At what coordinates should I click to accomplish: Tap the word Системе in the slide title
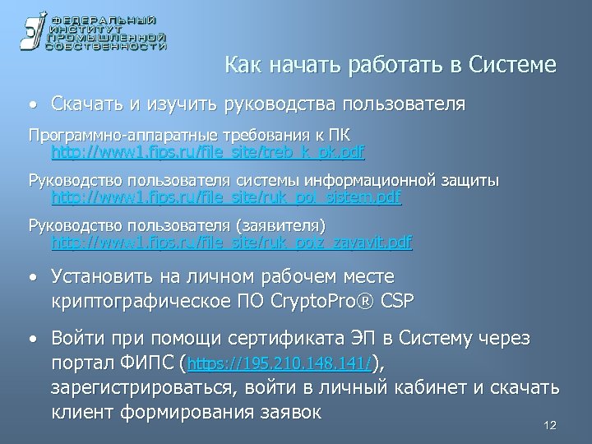[x=511, y=64]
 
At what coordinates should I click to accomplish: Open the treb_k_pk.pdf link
[x=208, y=152]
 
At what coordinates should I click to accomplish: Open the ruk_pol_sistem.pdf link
[x=227, y=197]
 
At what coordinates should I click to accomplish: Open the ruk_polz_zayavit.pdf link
[x=232, y=243]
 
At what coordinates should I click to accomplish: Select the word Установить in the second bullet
[x=101, y=275]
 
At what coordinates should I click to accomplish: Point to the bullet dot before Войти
[x=31, y=340]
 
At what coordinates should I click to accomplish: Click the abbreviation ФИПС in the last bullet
[x=149, y=363]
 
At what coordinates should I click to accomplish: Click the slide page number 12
[x=550, y=425]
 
